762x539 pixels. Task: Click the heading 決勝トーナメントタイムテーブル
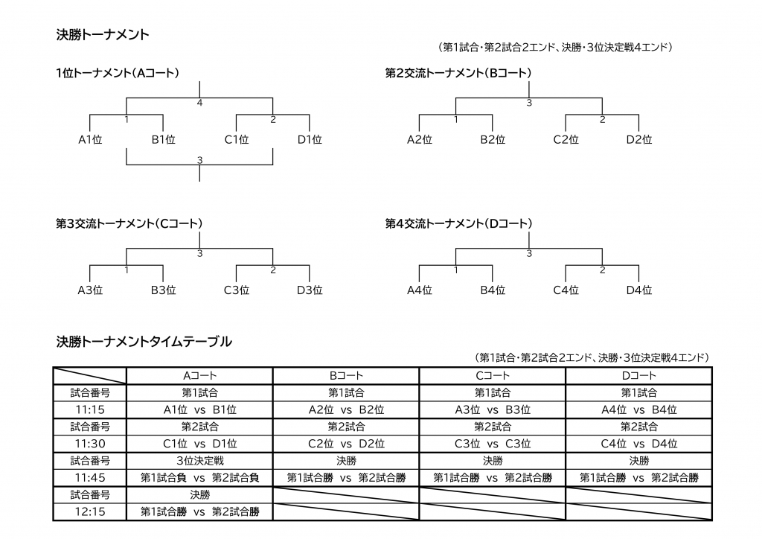coord(144,342)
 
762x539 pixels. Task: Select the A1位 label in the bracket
coord(90,139)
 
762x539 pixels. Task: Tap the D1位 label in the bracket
coord(310,139)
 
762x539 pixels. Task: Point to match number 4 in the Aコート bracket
coord(199,103)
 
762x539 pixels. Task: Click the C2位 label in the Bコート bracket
coord(566,139)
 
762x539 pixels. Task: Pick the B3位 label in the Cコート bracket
coord(163,290)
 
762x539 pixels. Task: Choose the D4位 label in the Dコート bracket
coord(639,290)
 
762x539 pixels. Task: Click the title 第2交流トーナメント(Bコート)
coord(458,73)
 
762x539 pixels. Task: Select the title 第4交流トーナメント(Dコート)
coord(458,223)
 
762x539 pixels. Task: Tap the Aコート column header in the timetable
coord(199,376)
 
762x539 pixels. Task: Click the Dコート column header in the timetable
coord(639,376)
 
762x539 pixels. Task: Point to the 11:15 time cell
coord(90,409)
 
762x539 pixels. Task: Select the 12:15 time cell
coord(90,511)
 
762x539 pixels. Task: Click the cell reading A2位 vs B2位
coord(346,409)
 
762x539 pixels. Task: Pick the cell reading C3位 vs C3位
coord(493,444)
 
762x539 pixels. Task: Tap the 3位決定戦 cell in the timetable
coord(199,461)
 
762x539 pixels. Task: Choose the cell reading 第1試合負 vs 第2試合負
coord(199,478)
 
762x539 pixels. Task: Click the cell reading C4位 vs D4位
coord(639,444)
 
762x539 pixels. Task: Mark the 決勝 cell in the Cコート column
coord(493,461)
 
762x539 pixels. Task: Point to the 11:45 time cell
coord(90,478)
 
